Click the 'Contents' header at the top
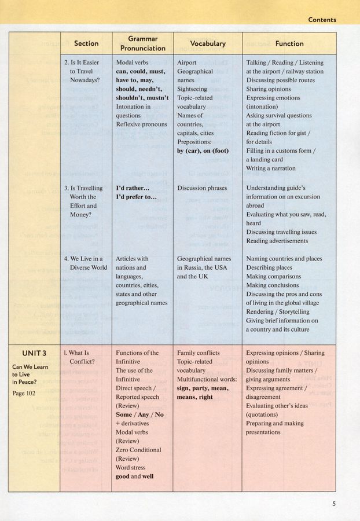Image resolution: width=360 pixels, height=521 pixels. (321, 20)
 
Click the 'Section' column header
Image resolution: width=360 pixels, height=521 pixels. (86, 43)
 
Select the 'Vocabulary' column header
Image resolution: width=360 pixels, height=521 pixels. (208, 43)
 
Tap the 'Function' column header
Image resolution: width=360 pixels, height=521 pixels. (289, 43)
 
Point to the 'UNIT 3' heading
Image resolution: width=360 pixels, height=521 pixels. (34, 353)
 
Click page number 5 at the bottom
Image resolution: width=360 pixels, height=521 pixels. (334, 504)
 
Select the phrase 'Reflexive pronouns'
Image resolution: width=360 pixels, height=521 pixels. (141, 124)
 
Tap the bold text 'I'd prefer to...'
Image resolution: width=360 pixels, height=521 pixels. (137, 197)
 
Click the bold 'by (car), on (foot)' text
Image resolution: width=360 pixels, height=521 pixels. (203, 151)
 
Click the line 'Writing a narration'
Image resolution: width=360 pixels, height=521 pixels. (271, 168)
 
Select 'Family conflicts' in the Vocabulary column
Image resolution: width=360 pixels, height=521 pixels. (199, 353)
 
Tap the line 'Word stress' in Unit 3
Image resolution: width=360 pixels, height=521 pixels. (133, 467)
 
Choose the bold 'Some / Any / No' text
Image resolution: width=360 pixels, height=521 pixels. (139, 414)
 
